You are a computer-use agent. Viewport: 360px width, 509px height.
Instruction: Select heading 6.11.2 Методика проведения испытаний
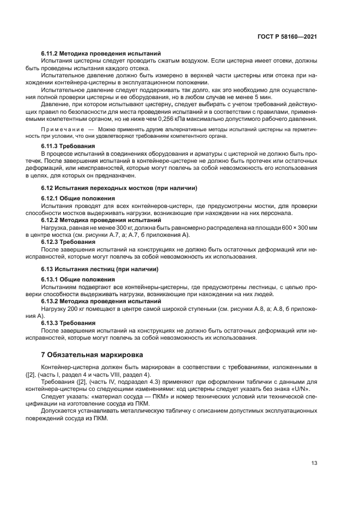[x=101, y=54]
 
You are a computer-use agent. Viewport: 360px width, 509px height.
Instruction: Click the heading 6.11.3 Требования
[x=68, y=146]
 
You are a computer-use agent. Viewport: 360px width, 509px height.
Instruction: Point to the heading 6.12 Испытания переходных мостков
[x=119, y=188]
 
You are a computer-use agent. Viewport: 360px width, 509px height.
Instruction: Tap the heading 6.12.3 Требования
[x=68, y=241]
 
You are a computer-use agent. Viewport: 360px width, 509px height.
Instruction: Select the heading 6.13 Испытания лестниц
[x=100, y=269]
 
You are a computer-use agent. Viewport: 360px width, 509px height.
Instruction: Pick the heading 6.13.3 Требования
[x=68, y=323]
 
